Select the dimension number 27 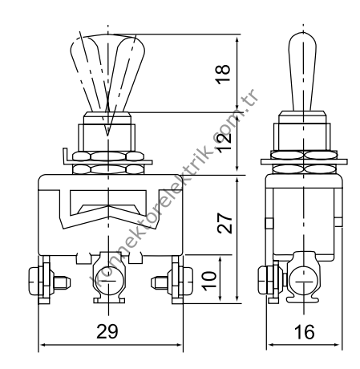point(225,221)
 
